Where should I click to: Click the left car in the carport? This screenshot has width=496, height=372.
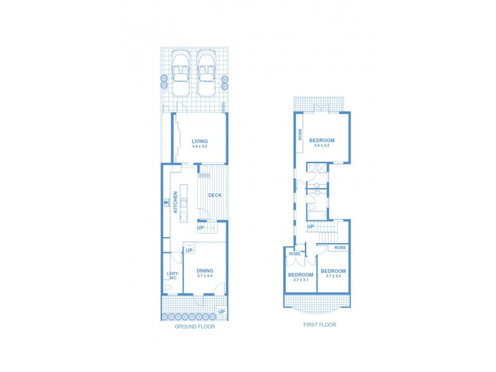coord(180,73)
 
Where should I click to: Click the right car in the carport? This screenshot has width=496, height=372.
coord(206,73)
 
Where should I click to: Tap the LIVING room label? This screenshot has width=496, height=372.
coord(200,141)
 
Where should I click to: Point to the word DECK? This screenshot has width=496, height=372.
coord(215,195)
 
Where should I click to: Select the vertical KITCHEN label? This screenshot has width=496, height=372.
coord(175,202)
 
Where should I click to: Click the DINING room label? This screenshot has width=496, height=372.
coord(205,271)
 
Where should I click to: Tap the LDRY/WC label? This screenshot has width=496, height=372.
coord(172,276)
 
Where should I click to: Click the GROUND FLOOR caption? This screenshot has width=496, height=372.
coord(195,327)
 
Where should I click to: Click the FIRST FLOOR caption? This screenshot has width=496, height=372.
coord(319,324)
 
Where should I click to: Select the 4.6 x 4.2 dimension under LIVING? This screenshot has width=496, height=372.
coord(200,147)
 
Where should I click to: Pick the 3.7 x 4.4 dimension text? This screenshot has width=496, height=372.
coord(205,276)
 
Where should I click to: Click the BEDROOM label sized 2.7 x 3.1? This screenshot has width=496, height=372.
coord(300,275)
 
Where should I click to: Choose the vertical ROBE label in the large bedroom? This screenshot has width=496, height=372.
coord(300,135)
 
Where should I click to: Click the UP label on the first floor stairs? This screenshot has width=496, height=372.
coord(310,226)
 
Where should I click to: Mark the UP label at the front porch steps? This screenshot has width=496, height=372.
coord(221,311)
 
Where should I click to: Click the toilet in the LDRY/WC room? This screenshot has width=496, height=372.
coord(168,288)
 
